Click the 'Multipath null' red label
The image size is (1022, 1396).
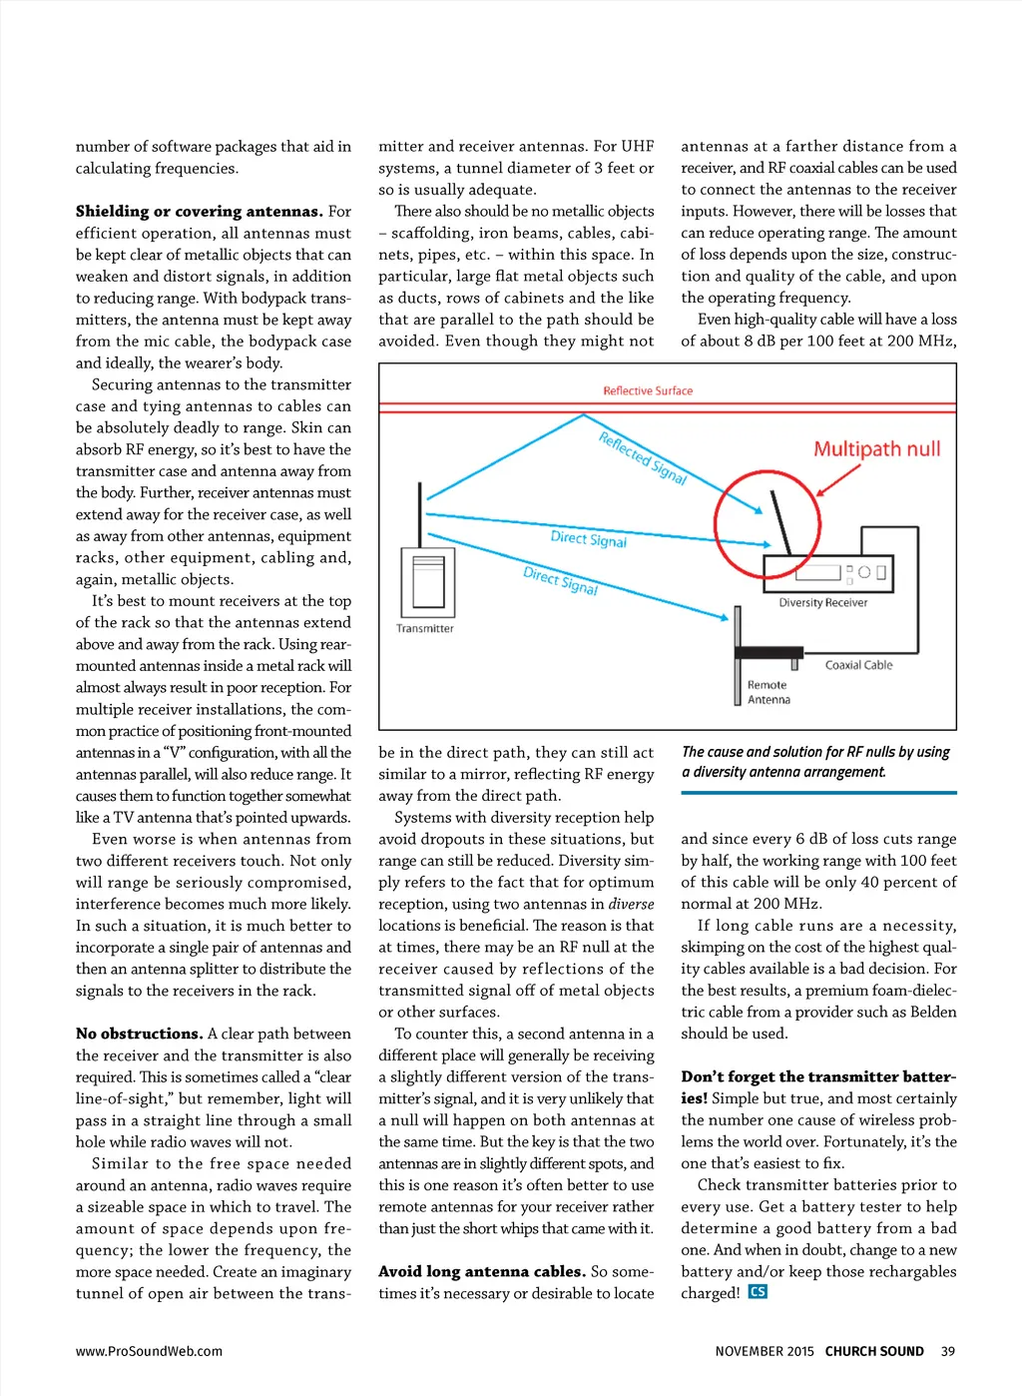(876, 449)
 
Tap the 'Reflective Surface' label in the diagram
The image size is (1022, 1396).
(648, 390)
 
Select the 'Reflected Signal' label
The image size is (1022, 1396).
(643, 458)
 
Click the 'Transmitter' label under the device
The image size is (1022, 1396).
(424, 628)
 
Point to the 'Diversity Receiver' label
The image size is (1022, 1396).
(822, 602)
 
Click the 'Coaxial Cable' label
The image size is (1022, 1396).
(858, 665)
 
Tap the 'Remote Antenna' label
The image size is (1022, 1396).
(768, 692)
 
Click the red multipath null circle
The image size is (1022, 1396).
(766, 524)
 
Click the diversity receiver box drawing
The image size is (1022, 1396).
(826, 574)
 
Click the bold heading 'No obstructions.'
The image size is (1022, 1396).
(139, 1034)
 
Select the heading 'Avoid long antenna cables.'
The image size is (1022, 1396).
(481, 1271)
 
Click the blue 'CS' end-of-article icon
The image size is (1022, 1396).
(758, 1292)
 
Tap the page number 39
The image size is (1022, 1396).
(947, 1351)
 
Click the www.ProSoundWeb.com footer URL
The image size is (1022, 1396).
(149, 1351)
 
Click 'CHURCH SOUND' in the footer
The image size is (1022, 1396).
(874, 1351)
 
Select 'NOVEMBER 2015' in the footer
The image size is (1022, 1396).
(765, 1351)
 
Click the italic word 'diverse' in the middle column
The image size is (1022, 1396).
(631, 904)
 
